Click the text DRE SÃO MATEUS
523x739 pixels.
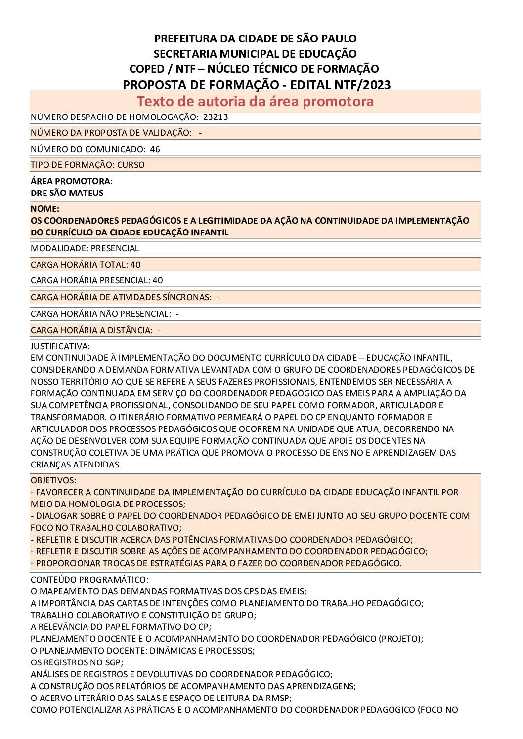(x=67, y=193)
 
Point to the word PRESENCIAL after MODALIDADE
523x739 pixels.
(x=115, y=248)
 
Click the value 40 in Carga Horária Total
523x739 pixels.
(x=135, y=265)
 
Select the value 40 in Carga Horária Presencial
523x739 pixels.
(x=158, y=280)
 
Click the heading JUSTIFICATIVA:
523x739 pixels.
(x=60, y=346)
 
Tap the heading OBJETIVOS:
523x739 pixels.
(x=53, y=480)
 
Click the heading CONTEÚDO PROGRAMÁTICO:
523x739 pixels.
(x=89, y=580)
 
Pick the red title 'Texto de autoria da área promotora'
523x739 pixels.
(x=255, y=101)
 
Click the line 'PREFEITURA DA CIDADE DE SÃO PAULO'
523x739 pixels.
(x=255, y=39)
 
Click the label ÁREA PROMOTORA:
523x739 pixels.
(x=72, y=181)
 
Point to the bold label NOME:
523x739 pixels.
(x=45, y=209)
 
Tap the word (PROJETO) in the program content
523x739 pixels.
(x=401, y=639)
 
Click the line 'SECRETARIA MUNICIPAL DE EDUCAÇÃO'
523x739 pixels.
(x=255, y=54)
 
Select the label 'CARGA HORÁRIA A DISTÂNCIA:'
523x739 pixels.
(x=91, y=330)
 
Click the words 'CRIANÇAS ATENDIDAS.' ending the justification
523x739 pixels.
(x=76, y=465)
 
